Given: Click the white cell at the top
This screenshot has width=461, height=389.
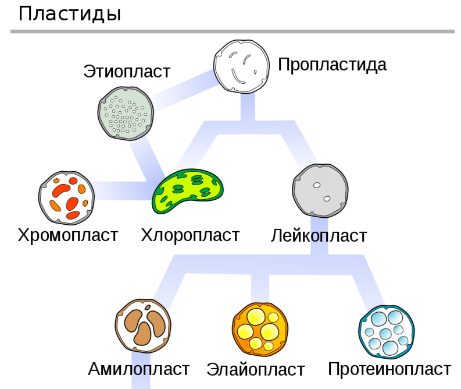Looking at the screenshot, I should tap(241, 66).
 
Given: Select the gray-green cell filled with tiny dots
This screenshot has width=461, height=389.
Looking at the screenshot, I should tap(126, 114).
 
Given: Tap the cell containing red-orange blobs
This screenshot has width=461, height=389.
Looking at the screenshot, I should tap(67, 198).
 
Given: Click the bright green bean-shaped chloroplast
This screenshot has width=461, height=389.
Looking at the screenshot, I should tap(187, 190).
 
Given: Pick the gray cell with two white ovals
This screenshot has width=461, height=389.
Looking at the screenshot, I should tap(320, 190).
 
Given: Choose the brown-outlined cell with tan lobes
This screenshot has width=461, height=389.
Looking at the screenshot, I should tap(143, 326).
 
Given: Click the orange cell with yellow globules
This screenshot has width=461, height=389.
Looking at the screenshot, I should tap(260, 329).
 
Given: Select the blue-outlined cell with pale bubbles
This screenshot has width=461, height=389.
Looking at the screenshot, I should tap(386, 331).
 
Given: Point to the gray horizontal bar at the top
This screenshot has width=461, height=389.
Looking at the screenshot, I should tap(233, 31).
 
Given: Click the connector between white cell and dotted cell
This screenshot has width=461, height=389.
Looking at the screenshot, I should tap(183, 90).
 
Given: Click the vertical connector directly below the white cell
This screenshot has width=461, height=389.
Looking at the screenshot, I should tap(248, 106).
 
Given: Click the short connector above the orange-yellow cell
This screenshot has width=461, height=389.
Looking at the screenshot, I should tap(260, 288).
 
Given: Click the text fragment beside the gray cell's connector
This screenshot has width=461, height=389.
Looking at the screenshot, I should tap(319, 236).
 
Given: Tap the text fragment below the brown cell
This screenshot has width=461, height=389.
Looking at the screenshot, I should tap(141, 370).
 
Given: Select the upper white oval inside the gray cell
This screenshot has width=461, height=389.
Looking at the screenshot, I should tap(317, 185).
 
